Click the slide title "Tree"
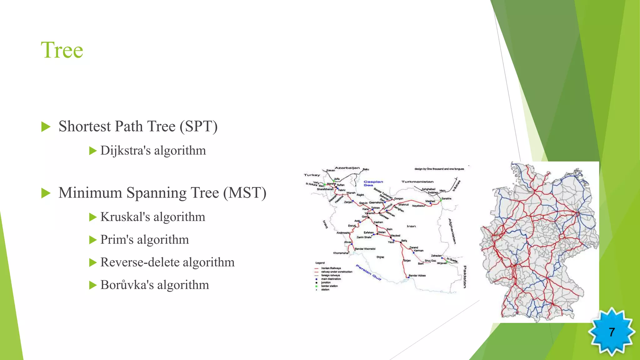coord(62,50)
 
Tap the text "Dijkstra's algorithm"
coord(153,151)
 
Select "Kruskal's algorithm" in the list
coord(153,217)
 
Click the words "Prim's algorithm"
coord(144,240)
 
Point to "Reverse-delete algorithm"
coord(167,262)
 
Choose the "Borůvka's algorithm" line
coord(155,285)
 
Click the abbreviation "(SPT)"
coord(198,127)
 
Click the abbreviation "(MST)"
coord(245,193)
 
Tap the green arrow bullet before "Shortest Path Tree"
coord(46,127)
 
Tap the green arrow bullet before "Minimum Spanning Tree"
coord(46,193)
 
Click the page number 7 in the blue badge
coord(612,332)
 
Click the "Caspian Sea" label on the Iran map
coord(373,183)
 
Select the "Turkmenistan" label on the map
coord(417,182)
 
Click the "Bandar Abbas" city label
coord(417,276)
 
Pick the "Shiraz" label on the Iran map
coord(380,257)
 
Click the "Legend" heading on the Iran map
coord(320,263)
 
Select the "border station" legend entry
coord(329,286)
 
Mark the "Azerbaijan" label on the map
coord(347,168)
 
